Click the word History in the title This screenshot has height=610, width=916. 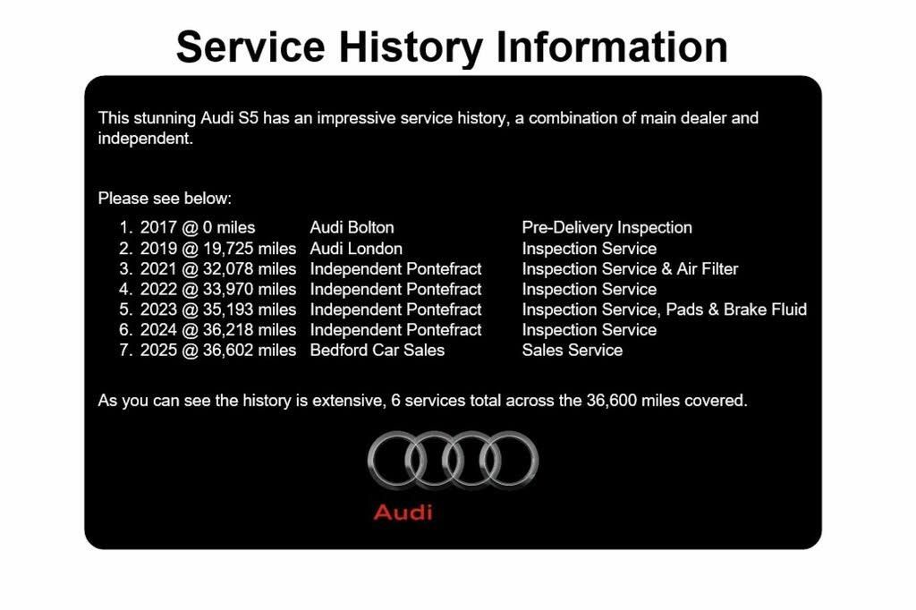tap(411, 47)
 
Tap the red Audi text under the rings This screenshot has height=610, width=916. tap(403, 513)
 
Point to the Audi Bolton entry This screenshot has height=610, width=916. tap(352, 227)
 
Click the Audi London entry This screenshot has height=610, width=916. tap(356, 249)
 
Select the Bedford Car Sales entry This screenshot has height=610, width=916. tap(377, 350)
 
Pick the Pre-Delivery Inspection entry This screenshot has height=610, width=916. tap(607, 227)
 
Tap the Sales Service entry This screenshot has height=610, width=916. tap(572, 350)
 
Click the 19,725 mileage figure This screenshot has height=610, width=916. tap(228, 249)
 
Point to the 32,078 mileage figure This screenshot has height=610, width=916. tap(228, 268)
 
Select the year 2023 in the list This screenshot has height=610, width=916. tap(158, 309)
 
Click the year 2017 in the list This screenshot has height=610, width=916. tap(158, 227)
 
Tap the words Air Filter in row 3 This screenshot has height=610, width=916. tap(708, 268)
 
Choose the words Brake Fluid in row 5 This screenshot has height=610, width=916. tap(766, 309)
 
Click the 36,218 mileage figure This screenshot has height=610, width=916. tap(228, 330)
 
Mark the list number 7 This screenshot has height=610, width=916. tap(125, 350)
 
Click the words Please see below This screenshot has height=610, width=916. tap(165, 199)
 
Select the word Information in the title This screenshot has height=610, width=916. tap(612, 47)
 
